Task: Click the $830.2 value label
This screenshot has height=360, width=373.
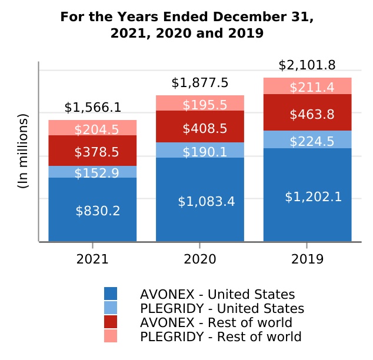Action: [98, 211]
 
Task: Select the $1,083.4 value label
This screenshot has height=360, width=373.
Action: [206, 202]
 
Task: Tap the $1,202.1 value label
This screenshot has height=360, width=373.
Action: [313, 197]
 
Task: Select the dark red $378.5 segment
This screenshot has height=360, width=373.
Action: [92, 152]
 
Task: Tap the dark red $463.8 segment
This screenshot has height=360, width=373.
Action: [307, 114]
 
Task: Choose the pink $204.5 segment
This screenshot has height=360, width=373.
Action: [92, 129]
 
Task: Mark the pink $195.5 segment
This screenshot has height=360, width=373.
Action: [200, 105]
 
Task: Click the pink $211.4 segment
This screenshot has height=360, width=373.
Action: [307, 87]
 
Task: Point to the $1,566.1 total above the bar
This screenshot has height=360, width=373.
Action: [92, 107]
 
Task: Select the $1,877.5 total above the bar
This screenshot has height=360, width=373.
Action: [200, 82]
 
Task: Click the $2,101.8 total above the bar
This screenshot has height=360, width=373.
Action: [307, 65]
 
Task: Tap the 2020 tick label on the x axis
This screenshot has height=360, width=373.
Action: [200, 259]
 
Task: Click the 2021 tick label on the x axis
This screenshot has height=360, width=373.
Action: [92, 259]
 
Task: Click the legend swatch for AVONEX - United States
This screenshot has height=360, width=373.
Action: [111, 294]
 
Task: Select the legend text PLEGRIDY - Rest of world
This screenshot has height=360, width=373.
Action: [221, 337]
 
